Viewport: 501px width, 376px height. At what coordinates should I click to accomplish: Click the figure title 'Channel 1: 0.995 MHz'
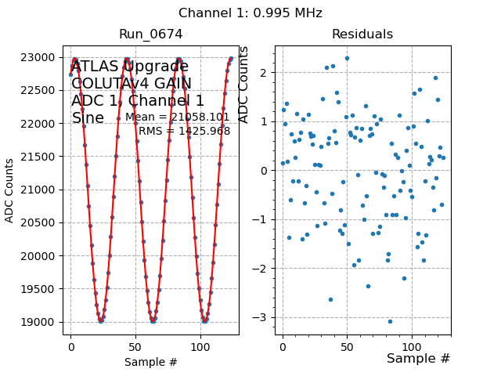[x=250, y=13]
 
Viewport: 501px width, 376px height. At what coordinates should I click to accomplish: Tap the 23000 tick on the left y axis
[x=42, y=58]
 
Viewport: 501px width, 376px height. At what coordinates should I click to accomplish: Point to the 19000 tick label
[x=42, y=322]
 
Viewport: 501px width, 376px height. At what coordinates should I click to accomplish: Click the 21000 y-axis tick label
[x=42, y=190]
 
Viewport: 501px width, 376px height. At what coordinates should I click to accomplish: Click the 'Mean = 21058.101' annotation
[x=177, y=117]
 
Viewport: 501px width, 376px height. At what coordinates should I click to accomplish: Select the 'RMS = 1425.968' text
[x=184, y=131]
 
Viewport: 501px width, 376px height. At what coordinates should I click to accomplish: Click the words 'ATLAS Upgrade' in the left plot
[x=129, y=67]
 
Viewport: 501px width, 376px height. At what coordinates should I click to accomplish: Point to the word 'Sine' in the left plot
[x=88, y=118]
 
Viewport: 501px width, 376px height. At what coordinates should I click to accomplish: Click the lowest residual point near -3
[x=390, y=321]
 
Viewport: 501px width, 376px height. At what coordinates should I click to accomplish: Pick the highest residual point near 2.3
[x=347, y=58]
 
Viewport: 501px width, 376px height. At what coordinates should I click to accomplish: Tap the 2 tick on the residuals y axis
[x=266, y=73]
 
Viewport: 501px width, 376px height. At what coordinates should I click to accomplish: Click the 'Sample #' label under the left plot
[x=150, y=362]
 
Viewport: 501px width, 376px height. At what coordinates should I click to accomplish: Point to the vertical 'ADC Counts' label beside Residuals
[x=243, y=85]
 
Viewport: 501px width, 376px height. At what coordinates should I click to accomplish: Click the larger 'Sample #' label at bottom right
[x=418, y=359]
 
